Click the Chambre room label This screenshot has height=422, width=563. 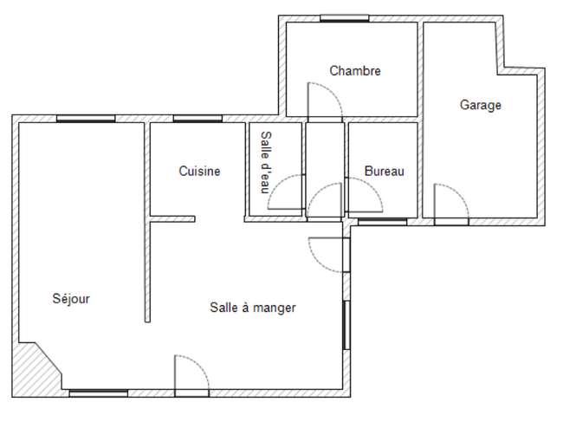pyautogui.click(x=355, y=71)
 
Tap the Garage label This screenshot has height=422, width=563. pyautogui.click(x=481, y=105)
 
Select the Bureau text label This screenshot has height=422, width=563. pyautogui.click(x=385, y=171)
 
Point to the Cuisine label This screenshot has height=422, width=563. pyautogui.click(x=199, y=171)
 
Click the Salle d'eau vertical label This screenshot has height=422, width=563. pyautogui.click(x=266, y=162)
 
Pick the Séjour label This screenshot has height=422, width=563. pyautogui.click(x=71, y=298)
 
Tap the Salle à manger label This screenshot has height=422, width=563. pyautogui.click(x=253, y=308)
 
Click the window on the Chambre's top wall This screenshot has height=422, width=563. pyautogui.click(x=345, y=18)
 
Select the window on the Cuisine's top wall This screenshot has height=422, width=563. pyautogui.click(x=197, y=119)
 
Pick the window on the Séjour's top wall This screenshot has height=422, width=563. pyautogui.click(x=86, y=119)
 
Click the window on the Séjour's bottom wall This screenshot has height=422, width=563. pyautogui.click(x=99, y=393)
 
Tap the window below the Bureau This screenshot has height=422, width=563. pyautogui.click(x=382, y=222)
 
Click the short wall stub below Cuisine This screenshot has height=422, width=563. pyautogui.click(x=172, y=218)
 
